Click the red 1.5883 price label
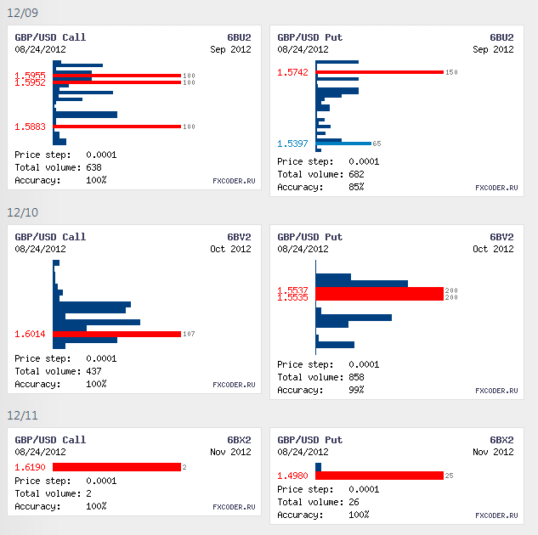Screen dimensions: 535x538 point(31,127)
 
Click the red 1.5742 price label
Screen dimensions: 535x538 point(293,72)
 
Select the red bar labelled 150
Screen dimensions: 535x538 point(379,72)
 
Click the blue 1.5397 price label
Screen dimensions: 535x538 point(293,144)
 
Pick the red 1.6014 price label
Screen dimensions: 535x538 point(31,334)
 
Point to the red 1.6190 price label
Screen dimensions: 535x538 point(31,467)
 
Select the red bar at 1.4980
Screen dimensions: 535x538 point(379,476)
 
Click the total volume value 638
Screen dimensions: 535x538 point(94,167)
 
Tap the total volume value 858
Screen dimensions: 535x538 point(357,377)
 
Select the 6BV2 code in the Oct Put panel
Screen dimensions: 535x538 point(501,237)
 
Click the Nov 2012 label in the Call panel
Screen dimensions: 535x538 point(231,453)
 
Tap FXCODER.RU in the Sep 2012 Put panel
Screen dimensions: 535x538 point(496,188)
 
